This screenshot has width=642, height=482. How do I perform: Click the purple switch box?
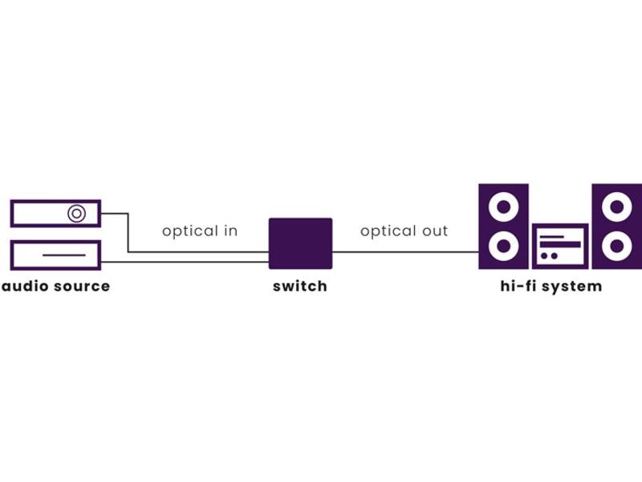(300, 243)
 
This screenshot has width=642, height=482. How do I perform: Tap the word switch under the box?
(300, 286)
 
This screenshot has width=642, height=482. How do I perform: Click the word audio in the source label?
(26, 286)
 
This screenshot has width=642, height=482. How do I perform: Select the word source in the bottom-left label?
(82, 287)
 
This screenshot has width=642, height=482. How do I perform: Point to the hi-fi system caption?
(551, 286)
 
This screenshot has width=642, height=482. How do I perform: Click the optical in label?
(200, 231)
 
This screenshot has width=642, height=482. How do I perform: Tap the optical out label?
(404, 231)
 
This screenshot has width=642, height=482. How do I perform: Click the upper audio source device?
(55, 213)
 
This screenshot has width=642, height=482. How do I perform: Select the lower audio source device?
(55, 255)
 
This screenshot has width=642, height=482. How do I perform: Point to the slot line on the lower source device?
(64, 255)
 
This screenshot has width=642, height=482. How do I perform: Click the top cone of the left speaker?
(504, 206)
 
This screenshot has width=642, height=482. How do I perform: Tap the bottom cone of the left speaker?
(504, 246)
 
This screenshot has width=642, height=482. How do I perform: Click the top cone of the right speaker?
(617, 206)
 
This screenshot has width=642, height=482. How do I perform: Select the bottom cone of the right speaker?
(617, 246)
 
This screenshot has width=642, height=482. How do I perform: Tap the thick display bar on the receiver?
(560, 245)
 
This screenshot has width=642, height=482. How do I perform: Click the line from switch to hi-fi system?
(405, 252)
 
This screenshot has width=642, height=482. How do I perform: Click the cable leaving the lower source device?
(185, 262)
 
